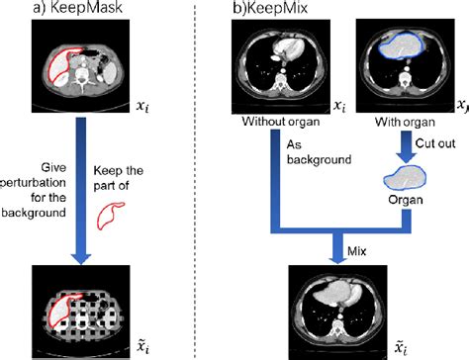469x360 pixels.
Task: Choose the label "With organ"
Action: pyautogui.click(x=402, y=124)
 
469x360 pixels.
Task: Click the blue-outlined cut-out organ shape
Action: pyautogui.click(x=402, y=178)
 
